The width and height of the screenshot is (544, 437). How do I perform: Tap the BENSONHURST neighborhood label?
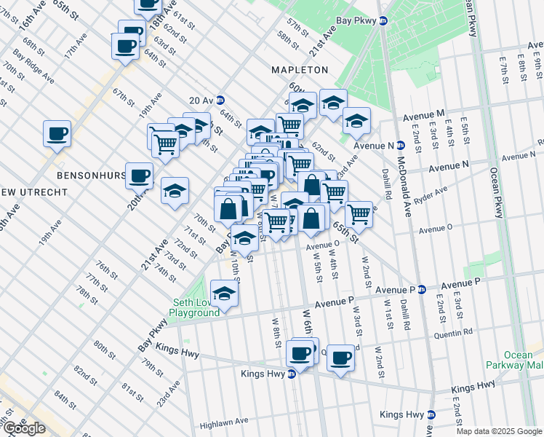coord(87,176)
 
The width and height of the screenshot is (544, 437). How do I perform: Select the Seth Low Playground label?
coord(194,307)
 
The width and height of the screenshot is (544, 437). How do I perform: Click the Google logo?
coord(23,428)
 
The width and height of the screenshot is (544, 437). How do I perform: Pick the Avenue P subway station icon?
coord(421,289)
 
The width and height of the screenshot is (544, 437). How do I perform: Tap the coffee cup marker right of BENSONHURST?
coord(139,175)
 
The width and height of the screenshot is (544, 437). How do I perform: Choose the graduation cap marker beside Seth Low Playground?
coord(225,294)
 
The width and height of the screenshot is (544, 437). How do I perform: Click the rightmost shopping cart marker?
coord(359,214)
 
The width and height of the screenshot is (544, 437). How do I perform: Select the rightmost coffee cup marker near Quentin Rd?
coord(340,357)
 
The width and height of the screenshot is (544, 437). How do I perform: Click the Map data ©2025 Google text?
coord(498,431)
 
